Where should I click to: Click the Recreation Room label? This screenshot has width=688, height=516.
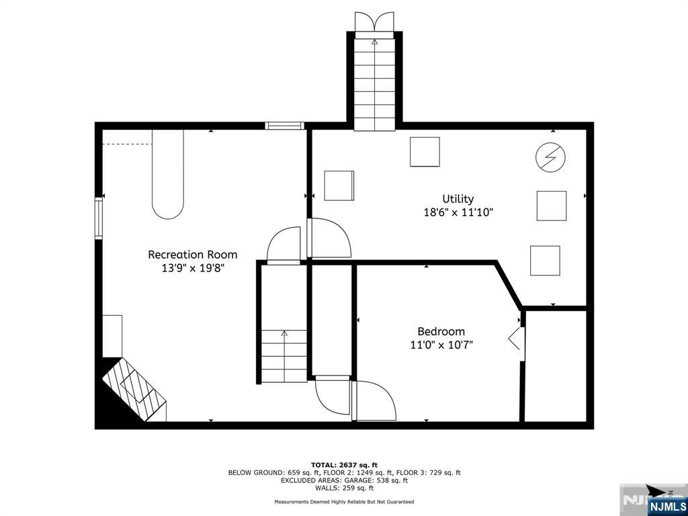192,255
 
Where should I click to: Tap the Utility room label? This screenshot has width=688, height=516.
458,199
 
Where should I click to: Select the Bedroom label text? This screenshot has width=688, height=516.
441,331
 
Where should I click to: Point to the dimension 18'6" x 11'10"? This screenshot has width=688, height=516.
458,212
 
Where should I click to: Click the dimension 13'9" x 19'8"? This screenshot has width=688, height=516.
192,268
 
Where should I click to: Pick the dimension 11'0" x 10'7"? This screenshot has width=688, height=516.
441,345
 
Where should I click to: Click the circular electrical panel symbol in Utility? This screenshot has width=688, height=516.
550,158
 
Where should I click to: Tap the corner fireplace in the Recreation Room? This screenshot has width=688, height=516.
133,390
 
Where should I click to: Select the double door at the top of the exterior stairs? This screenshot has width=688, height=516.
374,21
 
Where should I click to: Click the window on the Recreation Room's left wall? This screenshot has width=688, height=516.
99,218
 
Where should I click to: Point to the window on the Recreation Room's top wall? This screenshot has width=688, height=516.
284,126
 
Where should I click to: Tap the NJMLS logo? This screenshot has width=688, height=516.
667,505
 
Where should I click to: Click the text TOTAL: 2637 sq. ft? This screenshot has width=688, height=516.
344,465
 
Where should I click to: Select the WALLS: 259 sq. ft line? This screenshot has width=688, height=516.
344,488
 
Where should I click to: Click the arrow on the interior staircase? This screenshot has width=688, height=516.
284,333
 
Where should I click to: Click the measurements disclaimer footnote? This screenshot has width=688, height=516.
344,502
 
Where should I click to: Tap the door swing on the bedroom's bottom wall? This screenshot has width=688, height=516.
375,402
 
